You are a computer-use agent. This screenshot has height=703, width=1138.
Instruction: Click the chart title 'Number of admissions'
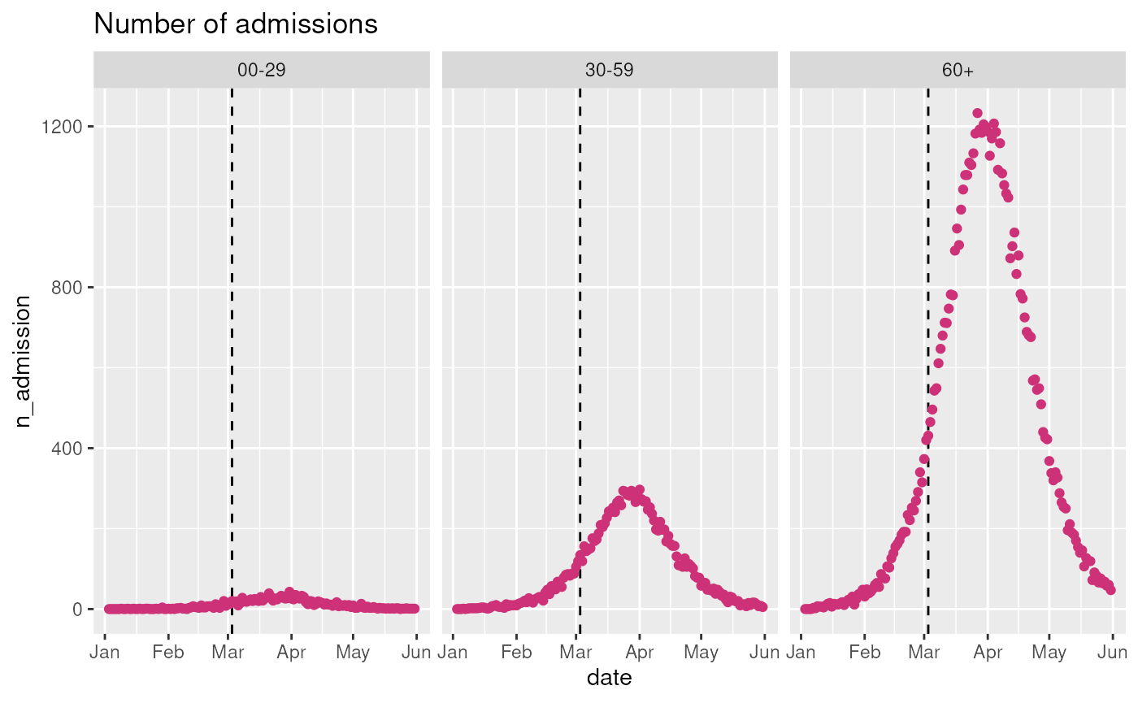[236, 24]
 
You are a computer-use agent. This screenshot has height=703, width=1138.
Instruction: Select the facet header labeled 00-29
[261, 71]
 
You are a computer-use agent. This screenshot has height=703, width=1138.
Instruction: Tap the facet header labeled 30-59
[609, 71]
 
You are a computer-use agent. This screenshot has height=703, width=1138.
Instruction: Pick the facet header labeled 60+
[958, 71]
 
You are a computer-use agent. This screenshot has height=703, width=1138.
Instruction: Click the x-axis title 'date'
[609, 677]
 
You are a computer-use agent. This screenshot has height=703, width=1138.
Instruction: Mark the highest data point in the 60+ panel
[977, 114]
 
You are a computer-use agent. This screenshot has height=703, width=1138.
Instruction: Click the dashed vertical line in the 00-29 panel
[232, 325]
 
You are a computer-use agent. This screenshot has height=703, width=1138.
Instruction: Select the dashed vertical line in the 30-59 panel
[580, 325]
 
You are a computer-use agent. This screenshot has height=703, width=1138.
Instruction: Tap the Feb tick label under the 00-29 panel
[168, 652]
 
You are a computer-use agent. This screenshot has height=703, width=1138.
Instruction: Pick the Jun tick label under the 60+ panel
[1112, 652]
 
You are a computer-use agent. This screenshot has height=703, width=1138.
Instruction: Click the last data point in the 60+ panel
[1110, 590]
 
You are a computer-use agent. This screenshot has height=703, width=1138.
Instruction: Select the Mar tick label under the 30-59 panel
[576, 652]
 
